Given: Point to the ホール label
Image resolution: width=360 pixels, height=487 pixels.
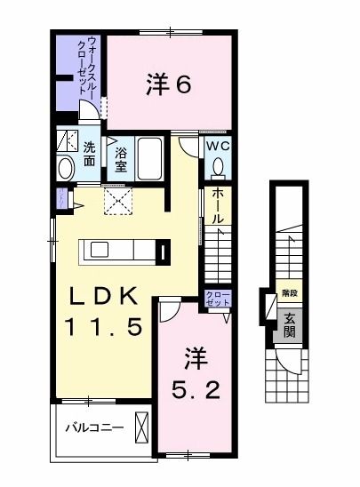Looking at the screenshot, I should (x=218, y=206).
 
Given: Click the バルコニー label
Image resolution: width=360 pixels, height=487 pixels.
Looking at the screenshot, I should (x=94, y=427).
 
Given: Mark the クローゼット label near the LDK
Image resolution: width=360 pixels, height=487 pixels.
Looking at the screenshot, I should (x=217, y=298).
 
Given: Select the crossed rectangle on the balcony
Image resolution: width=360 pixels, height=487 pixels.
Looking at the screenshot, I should (x=141, y=427).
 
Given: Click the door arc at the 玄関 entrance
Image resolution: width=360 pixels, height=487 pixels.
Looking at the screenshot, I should (x=288, y=358).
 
